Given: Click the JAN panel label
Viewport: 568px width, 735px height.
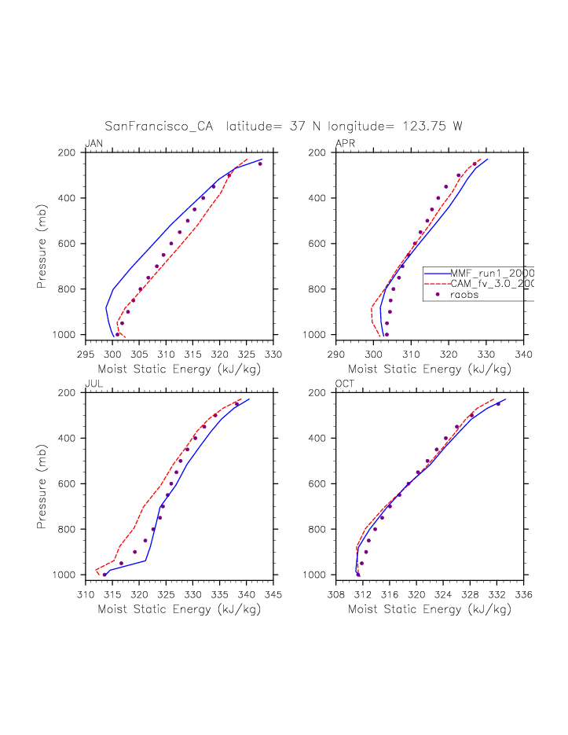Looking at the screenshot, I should point(93,143).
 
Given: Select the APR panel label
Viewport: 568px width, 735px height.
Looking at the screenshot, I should point(345,143).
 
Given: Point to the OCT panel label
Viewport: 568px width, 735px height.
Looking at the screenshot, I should point(345,384).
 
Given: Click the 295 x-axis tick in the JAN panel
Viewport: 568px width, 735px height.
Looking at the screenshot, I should point(86,353).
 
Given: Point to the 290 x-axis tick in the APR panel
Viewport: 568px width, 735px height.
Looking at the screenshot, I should point(336,353).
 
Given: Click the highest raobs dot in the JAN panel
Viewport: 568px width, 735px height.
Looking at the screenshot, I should point(260,164).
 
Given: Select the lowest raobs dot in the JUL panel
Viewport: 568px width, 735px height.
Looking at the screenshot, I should point(104,575).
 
